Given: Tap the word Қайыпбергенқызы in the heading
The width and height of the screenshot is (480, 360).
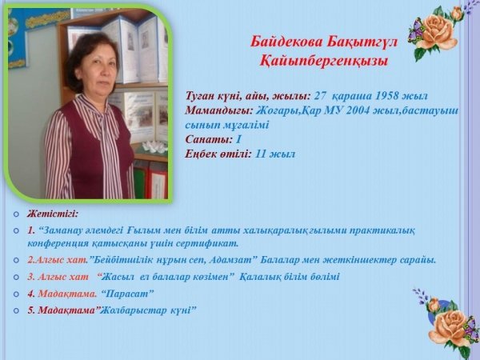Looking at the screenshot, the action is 323,61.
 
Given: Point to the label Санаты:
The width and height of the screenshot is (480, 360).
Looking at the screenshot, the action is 209,139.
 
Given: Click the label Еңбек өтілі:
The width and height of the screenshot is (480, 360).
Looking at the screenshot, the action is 218,154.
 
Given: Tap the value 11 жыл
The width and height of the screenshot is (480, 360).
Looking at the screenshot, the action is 275,154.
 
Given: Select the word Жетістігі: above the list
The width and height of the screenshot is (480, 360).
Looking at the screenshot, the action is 53,214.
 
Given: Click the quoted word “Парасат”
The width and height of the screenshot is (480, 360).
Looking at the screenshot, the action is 127,294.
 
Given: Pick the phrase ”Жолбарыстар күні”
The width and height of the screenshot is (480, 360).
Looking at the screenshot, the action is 146,310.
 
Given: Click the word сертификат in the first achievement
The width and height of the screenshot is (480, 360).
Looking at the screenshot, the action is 207,244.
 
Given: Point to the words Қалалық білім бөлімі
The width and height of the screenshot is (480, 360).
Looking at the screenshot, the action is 290,277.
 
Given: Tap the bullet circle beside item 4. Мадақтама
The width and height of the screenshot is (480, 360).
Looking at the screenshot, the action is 16,294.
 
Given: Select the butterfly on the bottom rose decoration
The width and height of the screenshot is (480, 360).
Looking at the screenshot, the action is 471,328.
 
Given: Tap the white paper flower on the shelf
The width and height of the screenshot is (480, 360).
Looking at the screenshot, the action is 155,146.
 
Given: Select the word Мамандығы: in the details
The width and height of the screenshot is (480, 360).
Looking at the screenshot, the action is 219,110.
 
